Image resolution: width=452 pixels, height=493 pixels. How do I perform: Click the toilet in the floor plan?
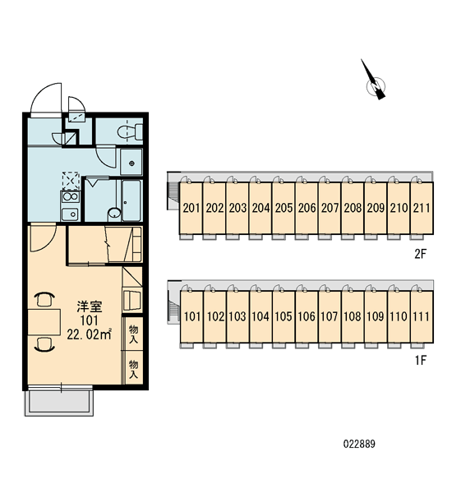point(130,132)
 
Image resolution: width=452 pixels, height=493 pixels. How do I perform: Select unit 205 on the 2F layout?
point(284,208)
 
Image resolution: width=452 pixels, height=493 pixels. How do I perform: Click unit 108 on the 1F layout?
point(353,316)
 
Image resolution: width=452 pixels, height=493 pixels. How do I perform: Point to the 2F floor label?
point(421,253)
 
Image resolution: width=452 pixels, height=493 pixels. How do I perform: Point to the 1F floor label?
point(421,361)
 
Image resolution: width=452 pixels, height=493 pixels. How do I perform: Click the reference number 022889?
point(359,444)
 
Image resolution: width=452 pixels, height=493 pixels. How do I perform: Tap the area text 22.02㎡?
point(90,334)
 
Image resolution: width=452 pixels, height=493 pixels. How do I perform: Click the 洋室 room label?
point(90,306)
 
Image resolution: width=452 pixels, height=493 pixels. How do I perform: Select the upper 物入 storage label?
point(133,334)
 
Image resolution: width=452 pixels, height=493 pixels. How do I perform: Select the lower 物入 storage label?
point(133,369)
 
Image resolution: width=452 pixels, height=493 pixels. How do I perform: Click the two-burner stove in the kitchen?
point(71,197)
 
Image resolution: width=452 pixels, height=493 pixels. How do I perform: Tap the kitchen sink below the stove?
point(70,214)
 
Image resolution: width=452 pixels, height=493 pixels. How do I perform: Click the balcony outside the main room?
point(59,402)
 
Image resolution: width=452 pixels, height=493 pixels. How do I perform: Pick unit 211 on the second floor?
point(422,208)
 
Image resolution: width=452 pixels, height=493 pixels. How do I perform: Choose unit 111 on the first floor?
point(422,316)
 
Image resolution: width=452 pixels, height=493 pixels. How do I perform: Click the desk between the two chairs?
point(44,321)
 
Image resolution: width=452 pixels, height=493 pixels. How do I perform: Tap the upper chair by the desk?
point(44,299)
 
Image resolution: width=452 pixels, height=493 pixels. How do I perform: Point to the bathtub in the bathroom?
point(131,200)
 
